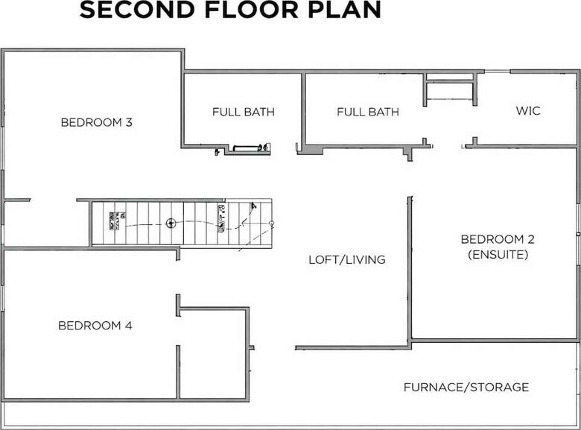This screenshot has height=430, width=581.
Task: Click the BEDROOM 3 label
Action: point(96,122)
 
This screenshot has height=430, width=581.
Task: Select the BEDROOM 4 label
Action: point(95,326)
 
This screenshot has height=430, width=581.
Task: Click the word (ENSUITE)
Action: point(498,255)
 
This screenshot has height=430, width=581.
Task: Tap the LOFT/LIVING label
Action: point(347,260)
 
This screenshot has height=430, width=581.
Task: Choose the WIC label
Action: point(528,111)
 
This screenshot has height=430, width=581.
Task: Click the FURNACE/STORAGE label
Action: point(466,388)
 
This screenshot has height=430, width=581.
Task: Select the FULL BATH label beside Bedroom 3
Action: point(243,113)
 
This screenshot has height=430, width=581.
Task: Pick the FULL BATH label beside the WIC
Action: point(367,113)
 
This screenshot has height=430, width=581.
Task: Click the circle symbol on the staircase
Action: point(171,223)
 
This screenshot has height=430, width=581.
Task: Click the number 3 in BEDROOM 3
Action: point(129,122)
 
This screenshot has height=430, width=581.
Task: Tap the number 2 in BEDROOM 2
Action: point(531,239)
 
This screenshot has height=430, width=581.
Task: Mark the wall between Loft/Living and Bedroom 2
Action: point(409,268)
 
